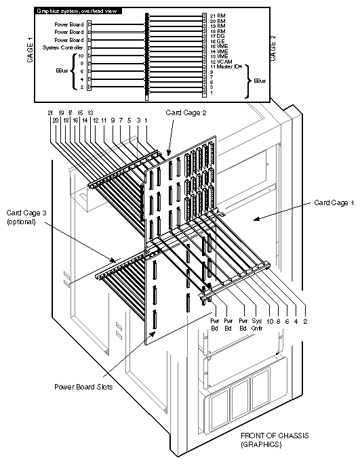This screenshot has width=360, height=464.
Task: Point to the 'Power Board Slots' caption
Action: [x=83, y=387]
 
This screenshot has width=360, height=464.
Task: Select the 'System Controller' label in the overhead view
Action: [x=63, y=48]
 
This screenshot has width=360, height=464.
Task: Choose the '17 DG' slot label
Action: [x=216, y=36]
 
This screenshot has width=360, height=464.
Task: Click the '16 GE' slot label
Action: [x=216, y=41]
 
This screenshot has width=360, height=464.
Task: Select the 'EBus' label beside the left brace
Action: [x=62, y=70]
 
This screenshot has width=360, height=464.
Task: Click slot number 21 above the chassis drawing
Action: [x=50, y=112]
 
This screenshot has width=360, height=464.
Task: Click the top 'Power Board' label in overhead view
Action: [x=69, y=24]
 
